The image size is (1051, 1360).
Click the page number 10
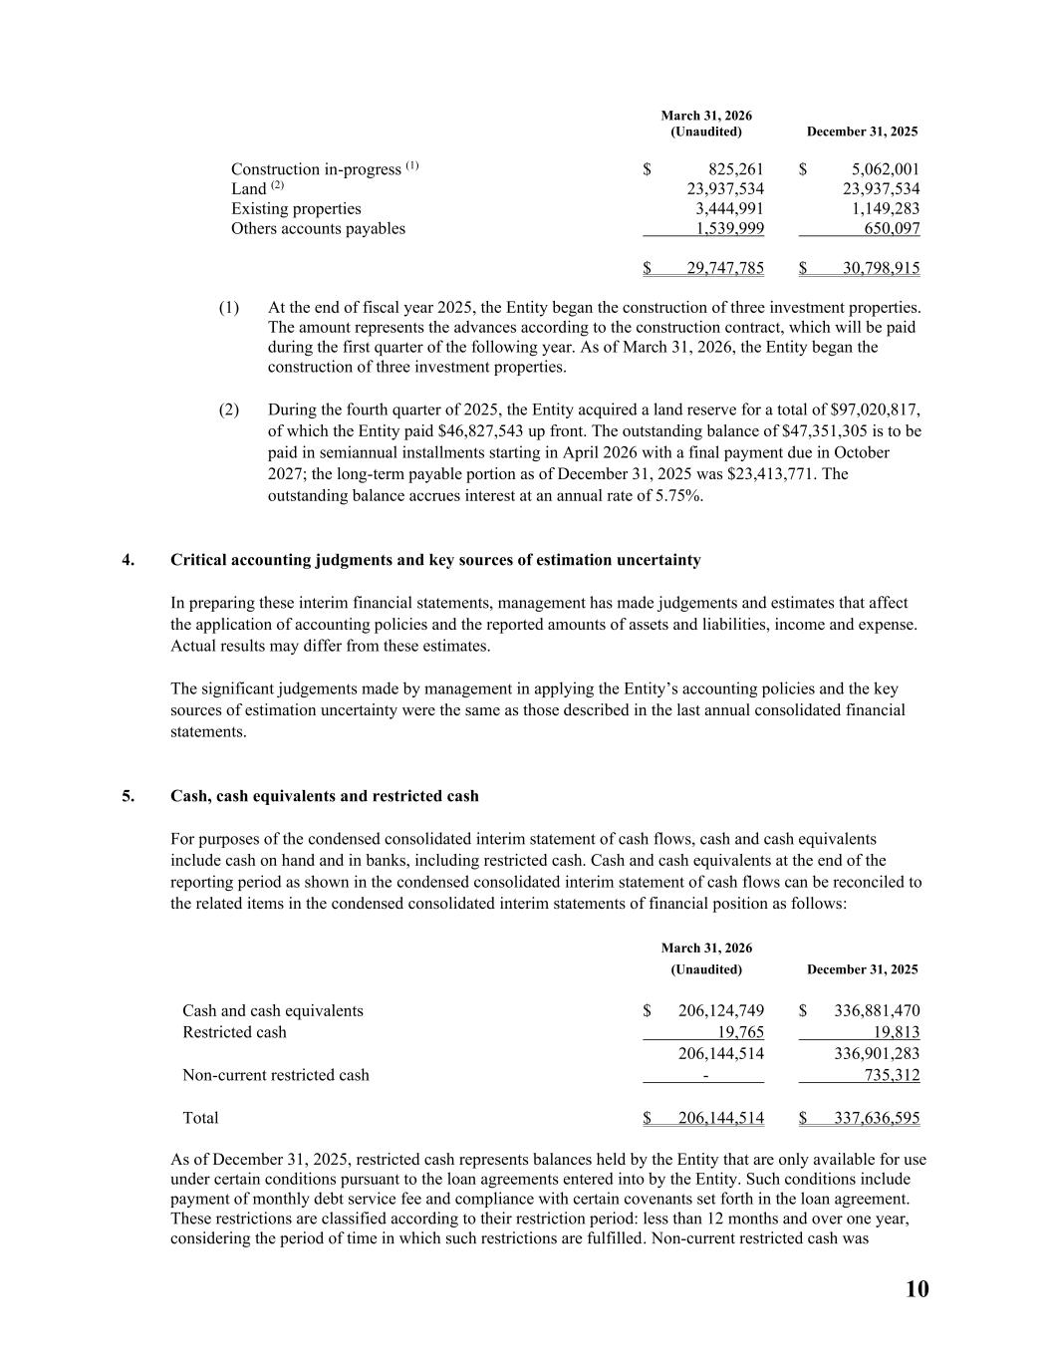917,1289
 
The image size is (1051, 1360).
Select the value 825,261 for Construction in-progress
736,169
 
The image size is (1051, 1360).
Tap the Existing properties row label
296,208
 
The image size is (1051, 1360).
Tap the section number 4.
128,560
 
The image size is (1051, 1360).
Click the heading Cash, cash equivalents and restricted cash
324,796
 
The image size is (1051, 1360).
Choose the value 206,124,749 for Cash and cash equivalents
721,1010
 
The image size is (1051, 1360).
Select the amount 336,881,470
877,1010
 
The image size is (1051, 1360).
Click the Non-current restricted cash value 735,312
893,1075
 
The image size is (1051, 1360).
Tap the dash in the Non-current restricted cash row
705,1076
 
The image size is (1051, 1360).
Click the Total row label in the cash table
200,1118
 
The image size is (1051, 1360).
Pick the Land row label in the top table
248,189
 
